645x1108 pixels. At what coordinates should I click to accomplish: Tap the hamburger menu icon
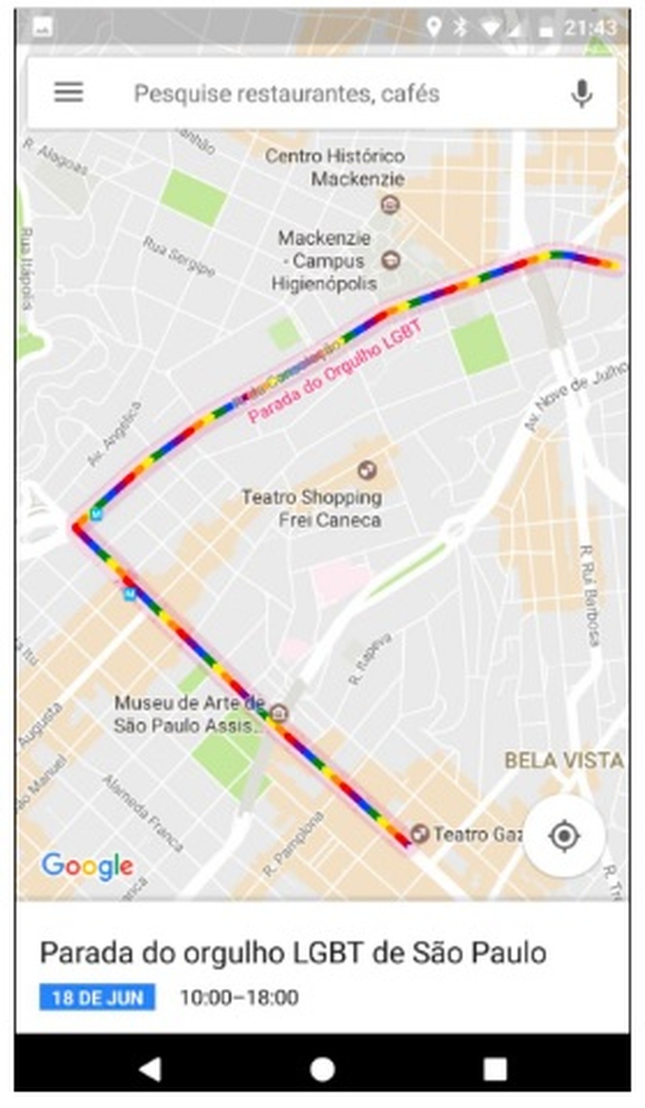pyautogui.click(x=68, y=93)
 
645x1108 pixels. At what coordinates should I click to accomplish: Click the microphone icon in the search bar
pyautogui.click(x=581, y=94)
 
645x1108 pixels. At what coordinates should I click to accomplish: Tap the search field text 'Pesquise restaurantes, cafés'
pyautogui.click(x=286, y=94)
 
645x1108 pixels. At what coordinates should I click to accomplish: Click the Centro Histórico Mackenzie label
pyautogui.click(x=335, y=167)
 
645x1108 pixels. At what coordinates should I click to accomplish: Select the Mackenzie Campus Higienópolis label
pyautogui.click(x=324, y=261)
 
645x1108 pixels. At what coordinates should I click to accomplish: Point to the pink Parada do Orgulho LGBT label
pyautogui.click(x=334, y=372)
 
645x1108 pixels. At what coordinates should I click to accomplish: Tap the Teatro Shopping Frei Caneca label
pyautogui.click(x=312, y=508)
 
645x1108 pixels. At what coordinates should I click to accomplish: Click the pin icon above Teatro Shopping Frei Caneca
pyautogui.click(x=368, y=470)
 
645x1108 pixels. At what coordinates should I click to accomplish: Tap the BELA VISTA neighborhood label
pyautogui.click(x=564, y=761)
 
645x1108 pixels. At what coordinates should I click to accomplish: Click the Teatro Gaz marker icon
pyautogui.click(x=419, y=834)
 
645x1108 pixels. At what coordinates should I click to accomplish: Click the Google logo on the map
pyautogui.click(x=88, y=866)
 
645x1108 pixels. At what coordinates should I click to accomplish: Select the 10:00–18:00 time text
pyautogui.click(x=239, y=998)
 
